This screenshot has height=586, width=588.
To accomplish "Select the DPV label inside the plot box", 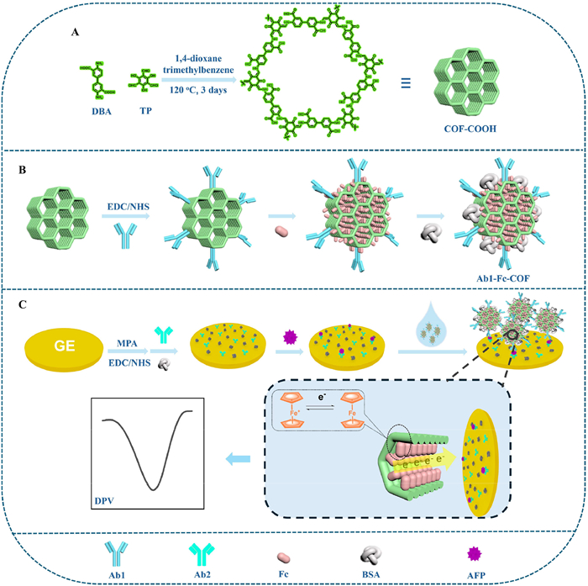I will coord(109,500).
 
